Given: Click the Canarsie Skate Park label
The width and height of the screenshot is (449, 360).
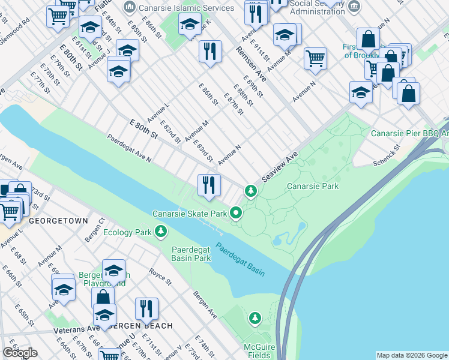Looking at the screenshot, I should coord(189,214).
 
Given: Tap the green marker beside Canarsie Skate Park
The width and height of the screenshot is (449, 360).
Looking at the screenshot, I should coord(237,213).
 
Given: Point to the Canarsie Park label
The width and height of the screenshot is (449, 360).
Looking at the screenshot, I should coord(312,186).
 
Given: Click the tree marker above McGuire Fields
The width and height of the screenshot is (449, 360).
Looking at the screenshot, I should coord(256,317).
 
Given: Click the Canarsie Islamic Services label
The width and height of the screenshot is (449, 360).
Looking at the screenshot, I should coord(185,8).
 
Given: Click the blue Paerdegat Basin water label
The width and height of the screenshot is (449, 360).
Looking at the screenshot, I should coord(240,259).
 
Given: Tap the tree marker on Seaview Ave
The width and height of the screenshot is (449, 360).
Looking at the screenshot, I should coord(250,191).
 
